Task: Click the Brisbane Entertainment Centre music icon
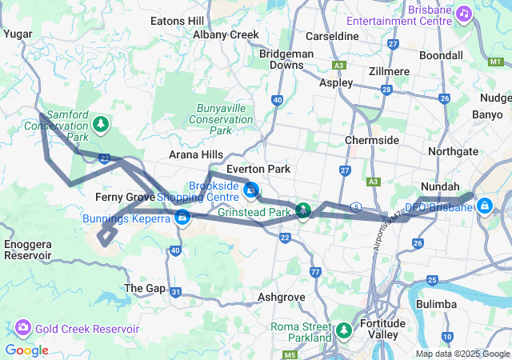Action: point(464,14)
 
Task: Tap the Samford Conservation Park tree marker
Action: point(100,123)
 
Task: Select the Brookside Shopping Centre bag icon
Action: point(251,190)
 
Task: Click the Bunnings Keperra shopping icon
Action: point(182,217)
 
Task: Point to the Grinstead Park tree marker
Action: point(303,211)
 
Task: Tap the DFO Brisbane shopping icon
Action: point(484,205)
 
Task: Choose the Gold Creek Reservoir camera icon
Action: point(22,328)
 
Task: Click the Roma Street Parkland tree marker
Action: point(344,330)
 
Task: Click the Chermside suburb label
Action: point(372,140)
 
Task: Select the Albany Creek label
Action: point(226,34)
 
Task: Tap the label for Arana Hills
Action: point(196,154)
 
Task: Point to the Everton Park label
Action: point(253,169)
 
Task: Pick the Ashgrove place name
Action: point(282,296)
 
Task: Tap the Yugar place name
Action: point(18,34)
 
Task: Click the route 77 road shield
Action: point(316,273)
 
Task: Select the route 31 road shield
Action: point(176,293)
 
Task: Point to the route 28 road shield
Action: point(386,90)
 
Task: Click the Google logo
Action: point(26,350)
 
